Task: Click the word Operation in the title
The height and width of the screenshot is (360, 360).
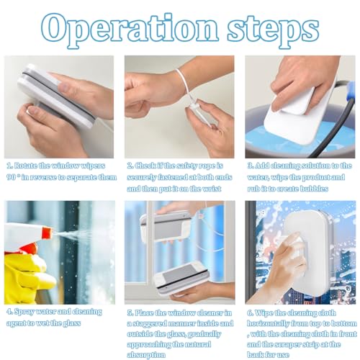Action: click(130, 30)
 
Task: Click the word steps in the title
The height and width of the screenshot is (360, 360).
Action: click(273, 32)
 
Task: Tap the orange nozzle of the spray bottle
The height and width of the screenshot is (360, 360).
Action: click(47, 233)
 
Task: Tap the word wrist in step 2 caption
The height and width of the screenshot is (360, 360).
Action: click(211, 189)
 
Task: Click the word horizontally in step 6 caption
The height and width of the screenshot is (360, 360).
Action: click(268, 324)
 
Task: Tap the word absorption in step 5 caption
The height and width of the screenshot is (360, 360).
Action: click(146, 355)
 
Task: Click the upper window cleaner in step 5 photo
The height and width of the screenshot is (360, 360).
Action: click(166, 226)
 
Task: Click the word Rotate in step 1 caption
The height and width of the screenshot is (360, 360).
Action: click(24, 166)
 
